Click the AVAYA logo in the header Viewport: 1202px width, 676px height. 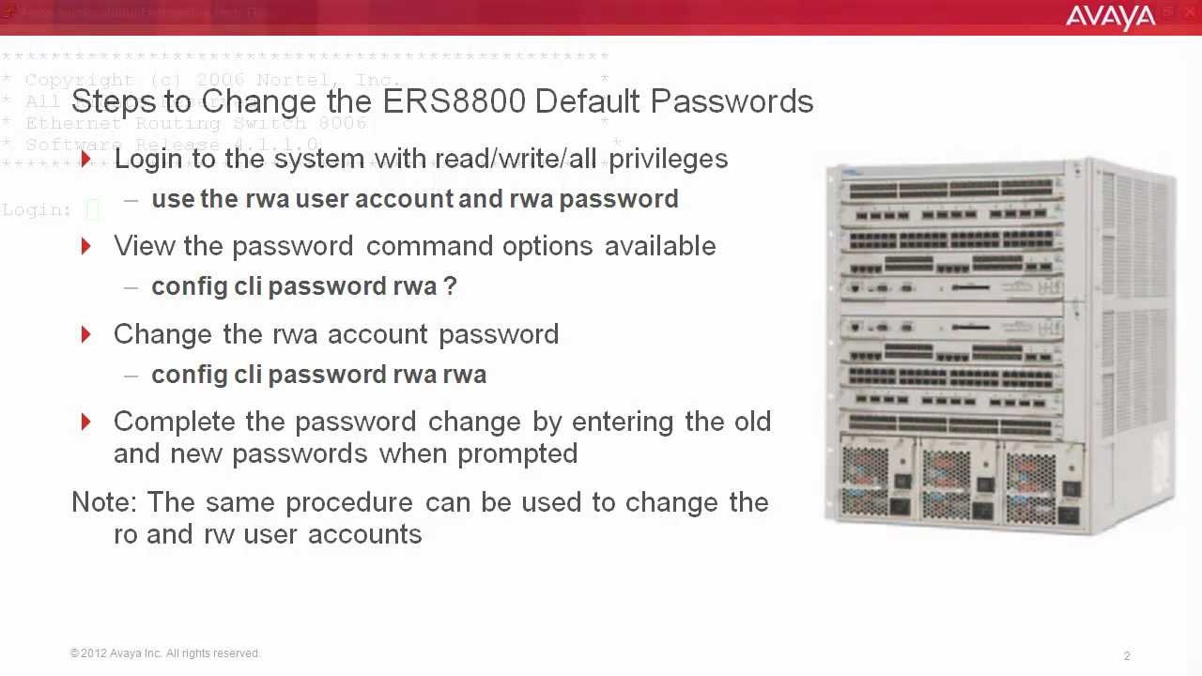coord(1110,17)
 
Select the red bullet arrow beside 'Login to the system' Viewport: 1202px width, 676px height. coord(86,159)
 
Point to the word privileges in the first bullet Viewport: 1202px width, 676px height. coord(669,159)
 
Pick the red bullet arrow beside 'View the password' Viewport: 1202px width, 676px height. coord(86,246)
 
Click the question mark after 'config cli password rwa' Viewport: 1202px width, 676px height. coord(450,286)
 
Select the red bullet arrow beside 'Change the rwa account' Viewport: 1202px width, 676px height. coord(86,334)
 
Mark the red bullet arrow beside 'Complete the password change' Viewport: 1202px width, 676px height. coord(86,422)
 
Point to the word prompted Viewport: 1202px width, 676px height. coord(517,453)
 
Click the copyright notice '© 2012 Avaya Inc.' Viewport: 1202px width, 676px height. coord(164,653)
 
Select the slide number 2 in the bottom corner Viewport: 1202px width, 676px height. coord(1127,656)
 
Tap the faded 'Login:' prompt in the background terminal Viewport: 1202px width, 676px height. coord(37,210)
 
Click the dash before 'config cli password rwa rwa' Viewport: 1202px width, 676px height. coord(131,375)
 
